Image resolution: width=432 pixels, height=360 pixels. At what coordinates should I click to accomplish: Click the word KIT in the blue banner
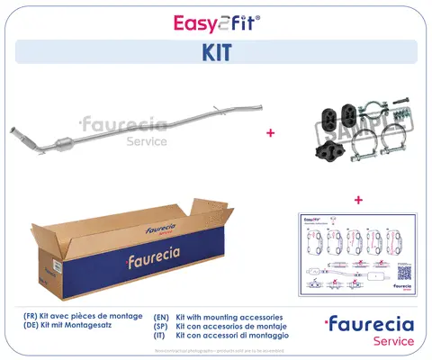pos(216,51)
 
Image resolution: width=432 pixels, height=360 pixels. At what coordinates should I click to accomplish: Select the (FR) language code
pos(31,318)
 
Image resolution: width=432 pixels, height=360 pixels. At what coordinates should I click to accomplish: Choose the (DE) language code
pos(31,328)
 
